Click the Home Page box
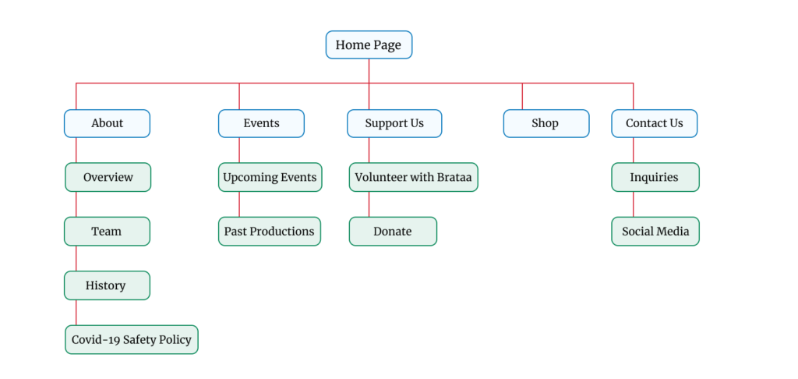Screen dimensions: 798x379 pyautogui.click(x=369, y=44)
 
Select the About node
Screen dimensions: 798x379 pyautogui.click(x=107, y=123)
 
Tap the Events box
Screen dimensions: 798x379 pyautogui.click(x=262, y=123)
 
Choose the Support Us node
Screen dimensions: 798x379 pyautogui.click(x=394, y=123)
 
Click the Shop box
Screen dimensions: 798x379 pyautogui.click(x=546, y=123)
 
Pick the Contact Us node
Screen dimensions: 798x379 pyautogui.click(x=655, y=123)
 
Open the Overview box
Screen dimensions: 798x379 pyautogui.click(x=108, y=177)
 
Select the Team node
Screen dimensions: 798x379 pyautogui.click(x=107, y=232)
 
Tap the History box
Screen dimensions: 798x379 pyautogui.click(x=107, y=285)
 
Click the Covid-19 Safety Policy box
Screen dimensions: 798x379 pyautogui.click(x=131, y=340)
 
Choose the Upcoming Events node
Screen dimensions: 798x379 pyautogui.click(x=270, y=177)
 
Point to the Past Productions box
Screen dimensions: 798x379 pyautogui.click(x=270, y=232)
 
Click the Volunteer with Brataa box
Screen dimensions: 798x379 pyautogui.click(x=413, y=177)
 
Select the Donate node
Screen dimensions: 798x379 pyautogui.click(x=393, y=232)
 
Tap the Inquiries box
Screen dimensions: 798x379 pyautogui.click(x=655, y=177)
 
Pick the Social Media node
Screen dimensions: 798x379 pyautogui.click(x=655, y=232)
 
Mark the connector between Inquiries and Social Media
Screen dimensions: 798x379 pyautogui.click(x=633, y=204)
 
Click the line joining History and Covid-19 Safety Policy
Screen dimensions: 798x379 pyautogui.click(x=76, y=312)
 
